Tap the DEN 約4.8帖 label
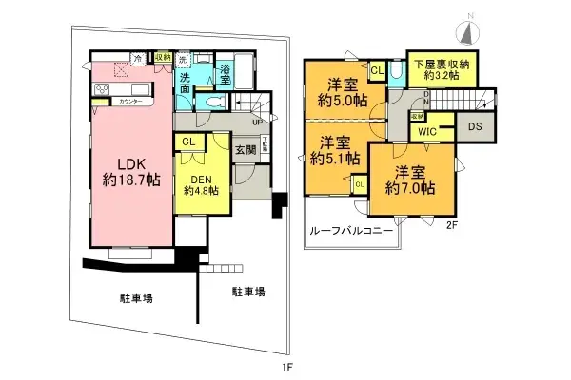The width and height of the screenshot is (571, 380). pyautogui.click(x=201, y=182)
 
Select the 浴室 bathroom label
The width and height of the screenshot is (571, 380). pyautogui.click(x=225, y=70)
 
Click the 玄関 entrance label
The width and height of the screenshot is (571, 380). pyautogui.click(x=244, y=149)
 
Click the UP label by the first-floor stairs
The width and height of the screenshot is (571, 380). pyautogui.click(x=257, y=122)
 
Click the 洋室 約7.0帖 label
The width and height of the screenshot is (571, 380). pyautogui.click(x=410, y=180)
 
